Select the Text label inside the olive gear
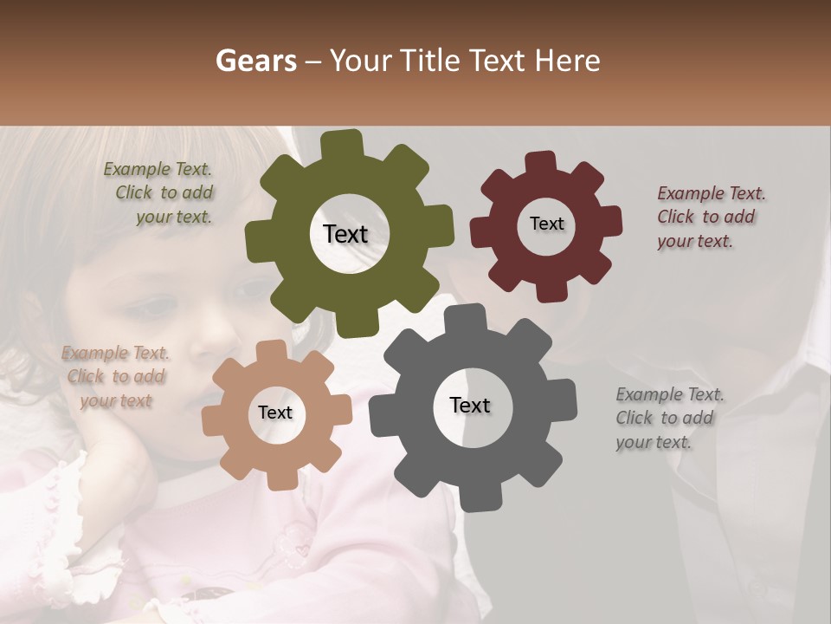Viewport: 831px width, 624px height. [345, 234]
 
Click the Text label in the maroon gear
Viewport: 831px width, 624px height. [546, 224]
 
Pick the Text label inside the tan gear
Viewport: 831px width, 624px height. [275, 413]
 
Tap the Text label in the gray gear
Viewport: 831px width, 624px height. [470, 405]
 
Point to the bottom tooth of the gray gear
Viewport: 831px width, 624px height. [473, 497]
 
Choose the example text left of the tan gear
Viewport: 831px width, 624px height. [115, 377]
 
